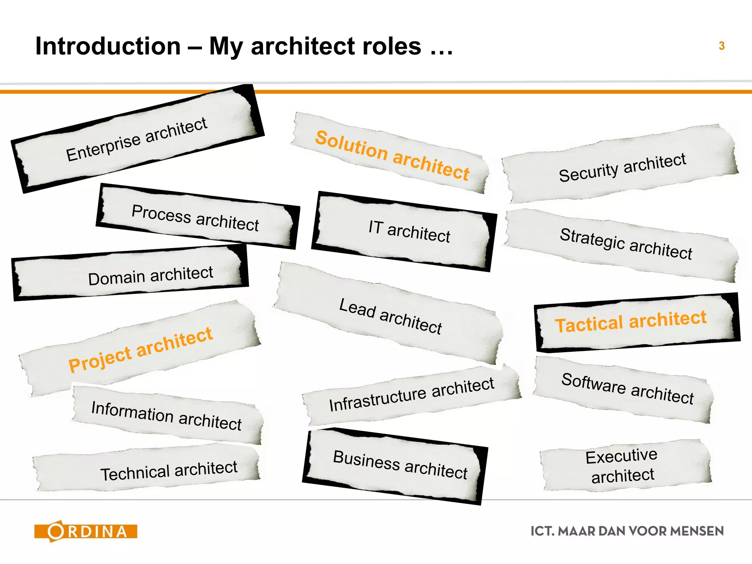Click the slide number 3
coord(722,46)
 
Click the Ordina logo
coord(86,531)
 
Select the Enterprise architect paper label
coord(137,140)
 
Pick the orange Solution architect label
coord(392,155)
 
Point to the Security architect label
coord(622,167)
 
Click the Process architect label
coord(195,218)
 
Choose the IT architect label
coord(409,231)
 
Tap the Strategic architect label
coord(626,243)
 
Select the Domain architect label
coord(151,275)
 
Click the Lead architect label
coord(390,316)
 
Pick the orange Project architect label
coord(141,349)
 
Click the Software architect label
coord(628,388)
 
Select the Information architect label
coord(166,416)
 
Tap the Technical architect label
coord(169,471)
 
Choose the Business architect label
coord(400,464)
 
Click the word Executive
coord(621,456)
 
